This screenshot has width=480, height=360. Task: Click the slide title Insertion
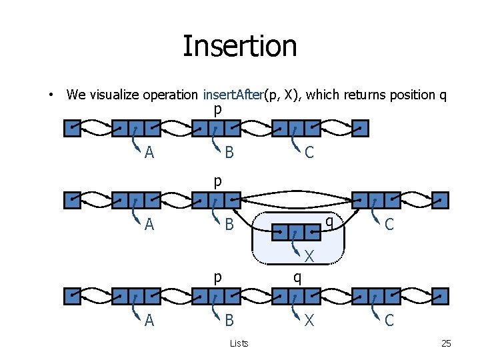pos(239,46)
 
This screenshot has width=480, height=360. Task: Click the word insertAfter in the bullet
pos(233,95)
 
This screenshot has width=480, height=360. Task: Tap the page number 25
pos(446,343)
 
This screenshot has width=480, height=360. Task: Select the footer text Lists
pos(239,343)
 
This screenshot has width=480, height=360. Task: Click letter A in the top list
pos(149,153)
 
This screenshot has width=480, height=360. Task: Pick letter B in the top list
pos(229,153)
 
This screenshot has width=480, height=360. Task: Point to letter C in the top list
pos(309,153)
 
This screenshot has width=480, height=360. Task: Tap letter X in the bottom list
pos(309,321)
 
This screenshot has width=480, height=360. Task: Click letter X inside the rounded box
pos(309,255)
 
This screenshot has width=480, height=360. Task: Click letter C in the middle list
pos(389,225)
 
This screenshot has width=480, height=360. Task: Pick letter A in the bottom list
pos(149,321)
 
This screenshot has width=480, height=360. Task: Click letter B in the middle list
pos(229,225)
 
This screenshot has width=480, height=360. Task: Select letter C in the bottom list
pos(389,321)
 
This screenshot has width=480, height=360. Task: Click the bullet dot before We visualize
pos(51,95)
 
